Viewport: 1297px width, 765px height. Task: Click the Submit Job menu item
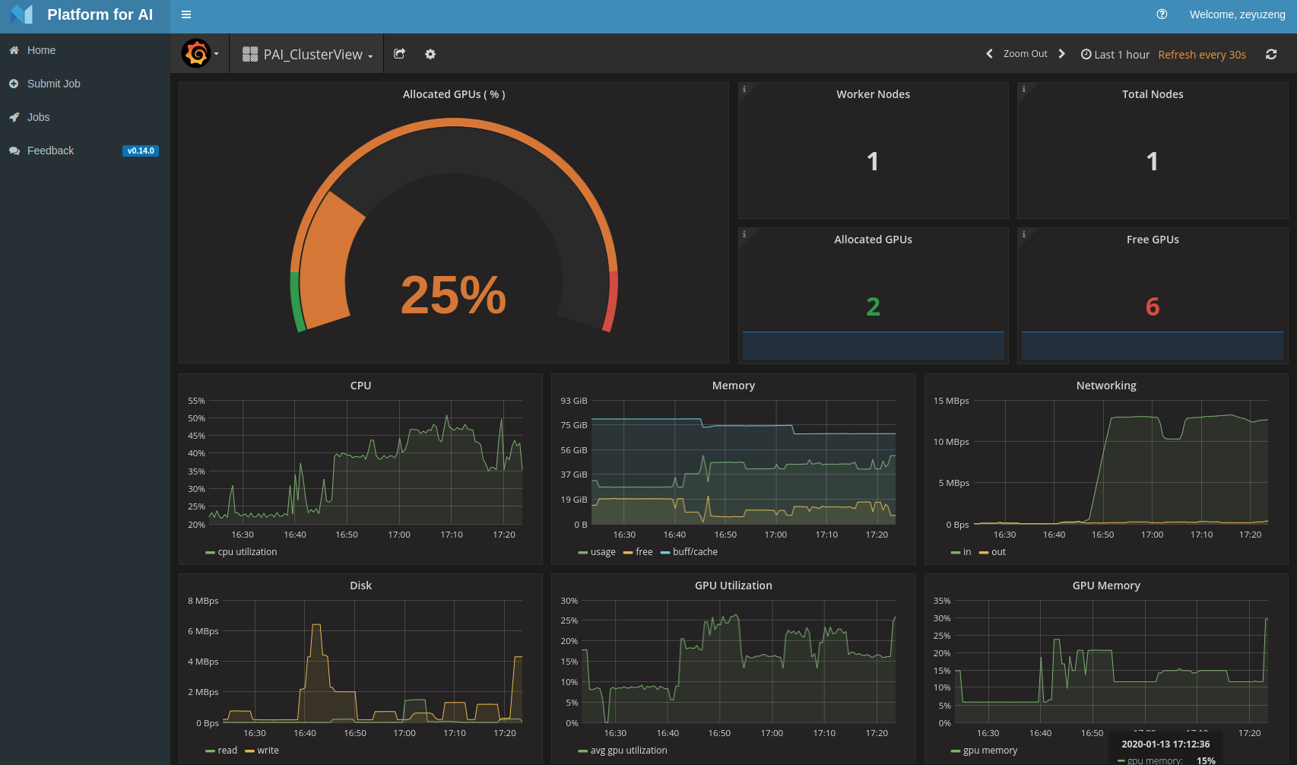[x=53, y=84]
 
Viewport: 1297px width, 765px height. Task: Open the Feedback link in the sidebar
[x=50, y=151]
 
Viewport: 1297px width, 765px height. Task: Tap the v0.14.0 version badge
[x=141, y=151]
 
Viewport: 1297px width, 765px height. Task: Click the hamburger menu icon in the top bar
[x=186, y=14]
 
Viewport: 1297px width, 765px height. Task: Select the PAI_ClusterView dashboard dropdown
[x=308, y=54]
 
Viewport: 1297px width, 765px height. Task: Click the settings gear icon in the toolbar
[x=430, y=54]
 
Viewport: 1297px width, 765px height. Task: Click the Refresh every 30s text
[x=1201, y=55]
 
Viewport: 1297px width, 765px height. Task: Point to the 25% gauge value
[x=453, y=295]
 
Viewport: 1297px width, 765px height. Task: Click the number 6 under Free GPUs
[x=1152, y=306]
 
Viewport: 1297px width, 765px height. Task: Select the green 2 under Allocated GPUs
[x=873, y=306]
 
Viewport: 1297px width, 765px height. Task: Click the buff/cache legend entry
[x=694, y=552]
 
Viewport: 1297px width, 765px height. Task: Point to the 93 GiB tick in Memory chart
[x=574, y=401]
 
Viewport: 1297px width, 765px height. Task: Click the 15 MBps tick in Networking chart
[x=951, y=401]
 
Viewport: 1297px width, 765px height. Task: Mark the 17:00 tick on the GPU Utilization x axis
[x=772, y=733]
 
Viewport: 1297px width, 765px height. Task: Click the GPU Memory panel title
[x=1105, y=586]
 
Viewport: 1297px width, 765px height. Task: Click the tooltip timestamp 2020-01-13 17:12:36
[x=1165, y=744]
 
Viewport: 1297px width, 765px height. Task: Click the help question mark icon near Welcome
[x=1162, y=14]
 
